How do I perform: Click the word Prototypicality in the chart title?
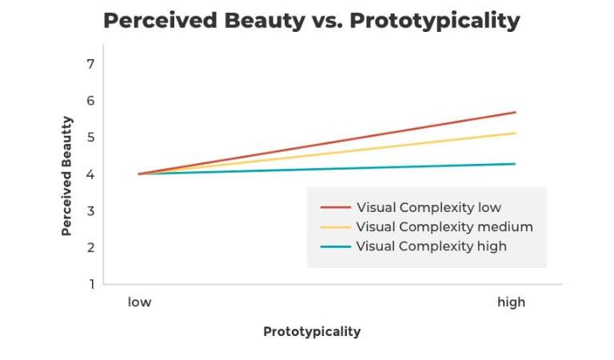click(x=435, y=21)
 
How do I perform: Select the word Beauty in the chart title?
click(x=265, y=21)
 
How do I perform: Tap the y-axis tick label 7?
click(x=91, y=64)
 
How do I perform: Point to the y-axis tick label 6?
click(x=91, y=101)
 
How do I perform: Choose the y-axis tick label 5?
click(x=91, y=137)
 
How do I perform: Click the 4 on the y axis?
click(x=91, y=174)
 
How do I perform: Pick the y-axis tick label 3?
click(x=91, y=211)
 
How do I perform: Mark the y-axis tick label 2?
click(x=91, y=247)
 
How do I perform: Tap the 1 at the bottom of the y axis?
click(x=92, y=284)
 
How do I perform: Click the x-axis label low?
click(x=139, y=302)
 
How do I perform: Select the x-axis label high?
click(x=511, y=302)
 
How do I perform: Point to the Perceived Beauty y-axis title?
click(x=67, y=176)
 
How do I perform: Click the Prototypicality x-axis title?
click(x=312, y=332)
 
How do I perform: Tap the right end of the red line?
click(x=516, y=113)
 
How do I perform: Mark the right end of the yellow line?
click(x=516, y=133)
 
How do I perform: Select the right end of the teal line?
click(x=515, y=164)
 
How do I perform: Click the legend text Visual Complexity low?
click(x=429, y=208)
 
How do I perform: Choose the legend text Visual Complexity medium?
click(x=445, y=227)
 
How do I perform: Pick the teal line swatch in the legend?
click(x=336, y=246)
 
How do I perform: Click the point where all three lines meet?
click(x=139, y=174)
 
